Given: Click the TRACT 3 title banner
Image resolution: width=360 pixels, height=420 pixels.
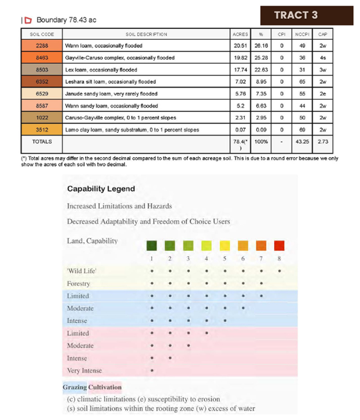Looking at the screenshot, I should pyautogui.click(x=296, y=15).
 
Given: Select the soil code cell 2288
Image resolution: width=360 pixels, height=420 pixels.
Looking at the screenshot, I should pyautogui.click(x=42, y=45).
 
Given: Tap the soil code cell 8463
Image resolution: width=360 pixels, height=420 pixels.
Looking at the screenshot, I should pyautogui.click(x=42, y=58).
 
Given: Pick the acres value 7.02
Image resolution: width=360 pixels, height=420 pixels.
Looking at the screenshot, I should pyautogui.click(x=241, y=81).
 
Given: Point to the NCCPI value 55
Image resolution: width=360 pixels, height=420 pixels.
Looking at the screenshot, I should pyautogui.click(x=302, y=94).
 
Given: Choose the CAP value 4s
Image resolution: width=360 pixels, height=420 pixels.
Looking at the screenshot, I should pyautogui.click(x=323, y=58).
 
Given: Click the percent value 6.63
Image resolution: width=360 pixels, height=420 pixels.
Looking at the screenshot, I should pyautogui.click(x=261, y=106).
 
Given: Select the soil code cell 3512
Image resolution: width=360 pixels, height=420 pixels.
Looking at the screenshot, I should pyautogui.click(x=42, y=130).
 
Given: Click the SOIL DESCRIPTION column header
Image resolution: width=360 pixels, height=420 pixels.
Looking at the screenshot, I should pyautogui.click(x=146, y=34).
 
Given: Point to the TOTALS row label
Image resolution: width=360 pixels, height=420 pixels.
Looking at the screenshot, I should pyautogui.click(x=42, y=141).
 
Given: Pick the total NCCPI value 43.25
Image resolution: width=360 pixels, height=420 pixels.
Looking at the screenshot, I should pyautogui.click(x=302, y=141).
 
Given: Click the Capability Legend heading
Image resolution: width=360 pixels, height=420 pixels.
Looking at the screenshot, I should pyautogui.click(x=101, y=189).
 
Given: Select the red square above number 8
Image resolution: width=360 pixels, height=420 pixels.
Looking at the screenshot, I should pyautogui.click(x=279, y=246).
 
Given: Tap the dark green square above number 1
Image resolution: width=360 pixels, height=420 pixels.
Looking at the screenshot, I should pyautogui.click(x=152, y=246).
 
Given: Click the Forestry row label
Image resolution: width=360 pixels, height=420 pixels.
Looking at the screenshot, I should pyautogui.click(x=78, y=284).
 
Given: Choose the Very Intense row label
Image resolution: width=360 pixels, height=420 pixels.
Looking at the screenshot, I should pyautogui.click(x=84, y=370).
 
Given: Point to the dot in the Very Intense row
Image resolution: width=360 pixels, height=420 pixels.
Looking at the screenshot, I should pyautogui.click(x=152, y=370).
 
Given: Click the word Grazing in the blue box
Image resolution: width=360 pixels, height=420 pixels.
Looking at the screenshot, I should pyautogui.click(x=75, y=387).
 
